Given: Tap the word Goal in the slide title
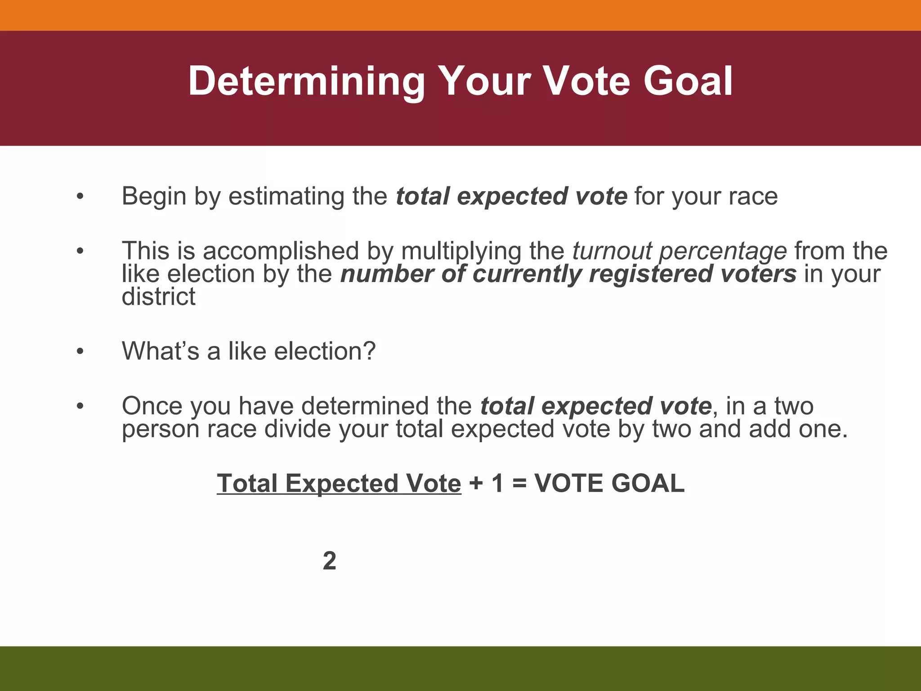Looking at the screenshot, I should click(x=688, y=81).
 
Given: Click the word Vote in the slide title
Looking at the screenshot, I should click(x=588, y=81).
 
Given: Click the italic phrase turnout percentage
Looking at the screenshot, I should click(x=679, y=251).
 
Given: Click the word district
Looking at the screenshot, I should click(x=158, y=297).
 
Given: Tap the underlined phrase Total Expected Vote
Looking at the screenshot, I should click(x=339, y=484).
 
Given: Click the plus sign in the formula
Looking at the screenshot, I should click(x=475, y=484).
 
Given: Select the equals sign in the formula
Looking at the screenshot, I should click(x=519, y=484).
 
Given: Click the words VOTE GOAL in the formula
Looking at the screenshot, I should click(x=609, y=484).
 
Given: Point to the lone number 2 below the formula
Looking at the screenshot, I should click(x=329, y=561).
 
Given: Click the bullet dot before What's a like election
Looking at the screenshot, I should click(x=80, y=351).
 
